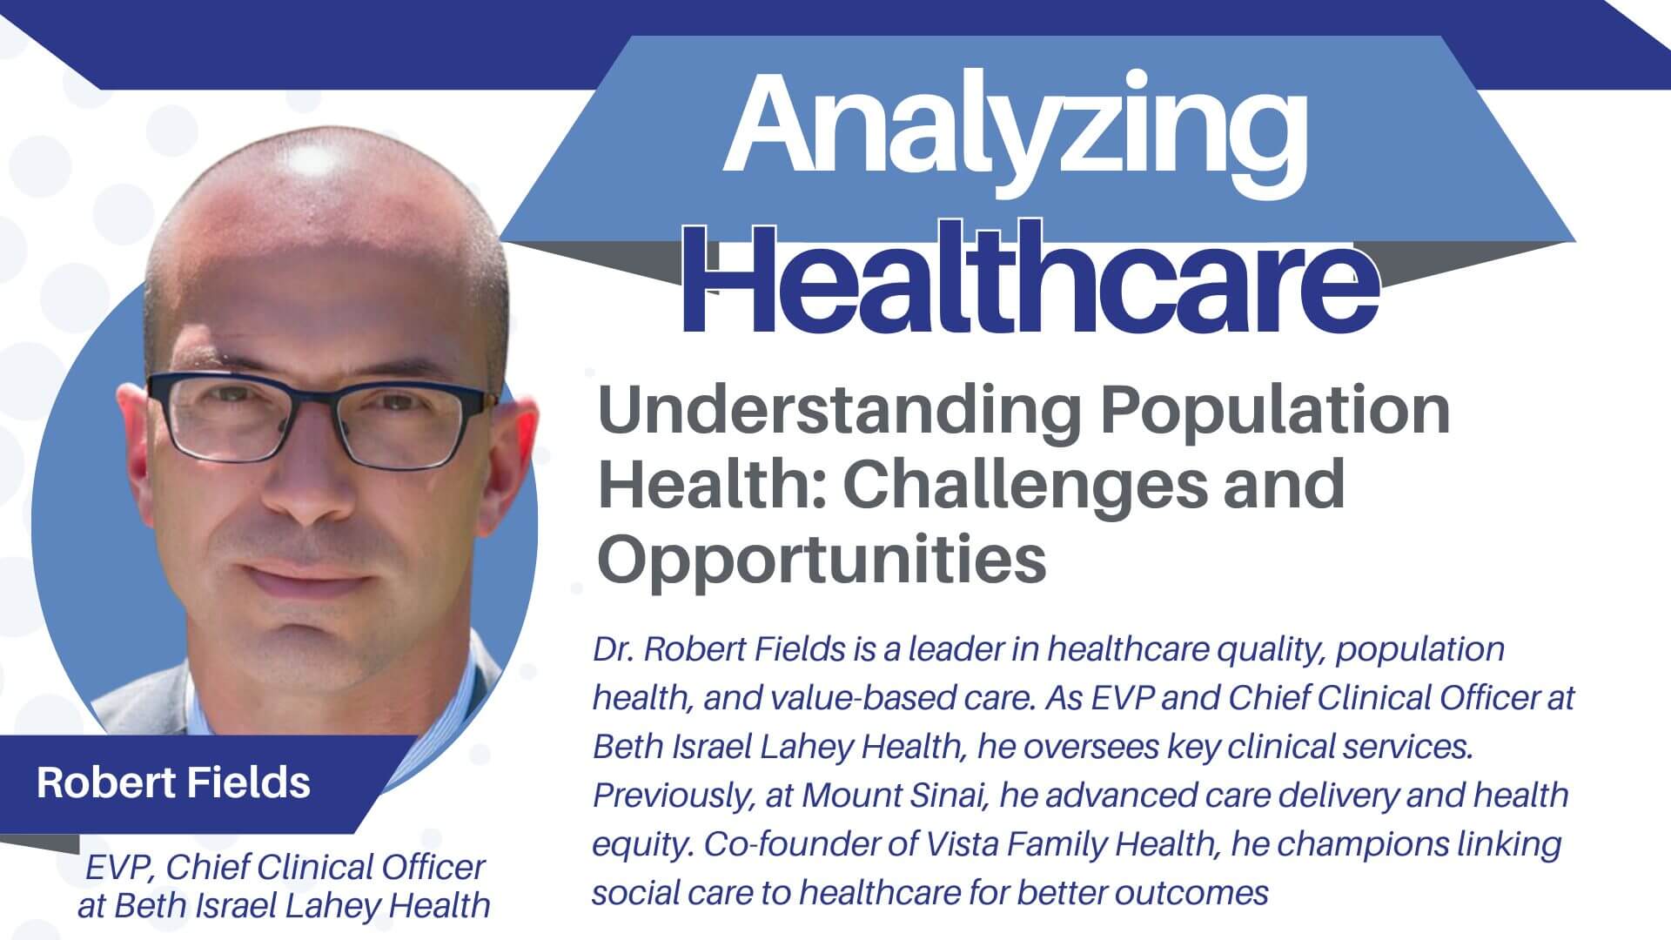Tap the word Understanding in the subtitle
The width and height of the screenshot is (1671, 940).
point(839,412)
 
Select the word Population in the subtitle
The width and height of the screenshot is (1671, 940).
point(1275,412)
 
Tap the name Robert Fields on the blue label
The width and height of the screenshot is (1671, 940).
point(173,782)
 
